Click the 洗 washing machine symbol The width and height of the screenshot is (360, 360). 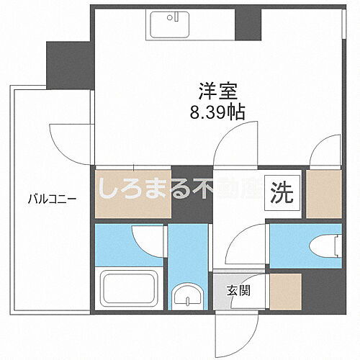click(282, 193)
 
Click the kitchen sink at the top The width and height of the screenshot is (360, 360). click(171, 27)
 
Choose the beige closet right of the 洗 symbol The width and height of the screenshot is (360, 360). click(323, 193)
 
